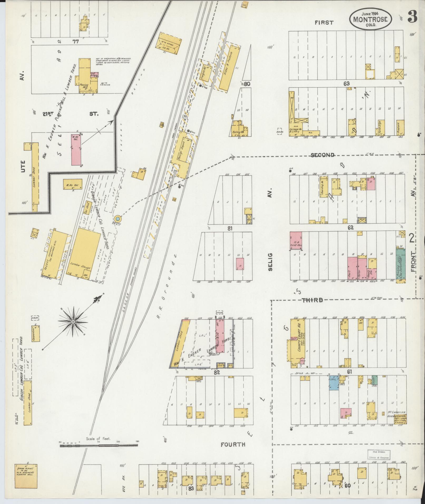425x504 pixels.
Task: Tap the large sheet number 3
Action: click(x=412, y=17)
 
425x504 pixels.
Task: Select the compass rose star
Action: click(x=73, y=321)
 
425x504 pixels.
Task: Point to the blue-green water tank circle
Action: click(x=118, y=219)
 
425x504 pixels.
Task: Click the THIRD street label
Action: click(x=312, y=300)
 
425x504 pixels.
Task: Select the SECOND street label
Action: click(x=323, y=155)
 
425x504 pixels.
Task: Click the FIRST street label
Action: click(x=324, y=23)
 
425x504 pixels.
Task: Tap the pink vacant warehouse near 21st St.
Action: click(x=76, y=150)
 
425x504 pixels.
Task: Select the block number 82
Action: click(x=217, y=373)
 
